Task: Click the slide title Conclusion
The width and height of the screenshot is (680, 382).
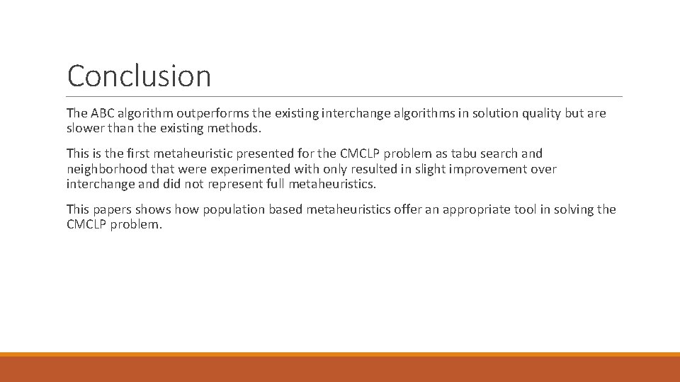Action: click(139, 76)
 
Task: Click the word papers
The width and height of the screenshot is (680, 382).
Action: click(112, 209)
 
